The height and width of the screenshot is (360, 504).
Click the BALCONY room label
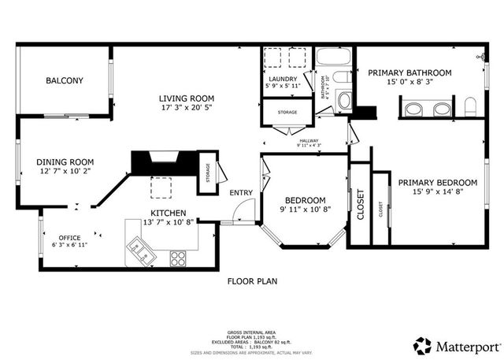click(64, 80)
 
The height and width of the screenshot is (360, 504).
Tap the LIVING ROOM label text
click(187, 98)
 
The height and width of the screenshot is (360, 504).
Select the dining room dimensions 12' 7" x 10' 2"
click(65, 171)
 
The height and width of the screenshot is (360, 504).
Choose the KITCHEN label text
click(168, 213)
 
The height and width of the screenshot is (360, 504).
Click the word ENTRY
click(241, 193)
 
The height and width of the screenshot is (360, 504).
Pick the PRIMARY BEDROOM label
click(437, 182)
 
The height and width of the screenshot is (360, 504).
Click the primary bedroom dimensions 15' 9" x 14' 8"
click(437, 192)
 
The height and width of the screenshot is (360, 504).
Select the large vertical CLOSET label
click(360, 205)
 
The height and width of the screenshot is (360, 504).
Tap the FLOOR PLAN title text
click(252, 280)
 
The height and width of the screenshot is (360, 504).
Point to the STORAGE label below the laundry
click(287, 113)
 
